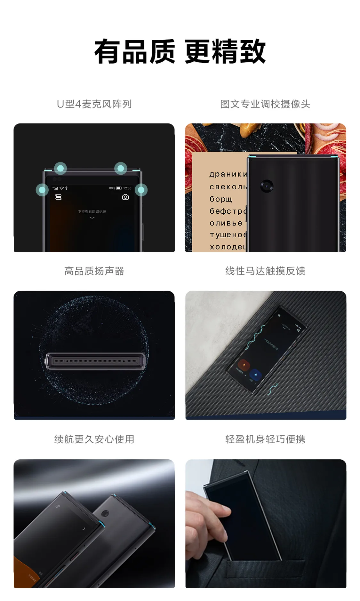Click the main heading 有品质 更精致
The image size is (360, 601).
[x=180, y=51]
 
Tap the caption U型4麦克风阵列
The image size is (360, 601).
[x=94, y=104]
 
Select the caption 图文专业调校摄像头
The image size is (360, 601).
[x=265, y=104]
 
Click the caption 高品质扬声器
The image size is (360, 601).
[x=94, y=271]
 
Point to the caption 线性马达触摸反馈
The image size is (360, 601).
[x=265, y=271]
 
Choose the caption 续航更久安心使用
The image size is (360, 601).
[x=94, y=439]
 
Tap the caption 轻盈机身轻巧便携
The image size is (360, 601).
[x=265, y=439]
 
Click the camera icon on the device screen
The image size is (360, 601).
[x=125, y=197]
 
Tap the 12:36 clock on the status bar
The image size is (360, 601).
[x=127, y=188]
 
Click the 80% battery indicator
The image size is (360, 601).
[x=115, y=188]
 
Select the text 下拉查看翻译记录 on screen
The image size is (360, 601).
[x=92, y=211]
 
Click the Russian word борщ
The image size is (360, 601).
[x=220, y=199]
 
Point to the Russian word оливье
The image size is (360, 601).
[x=226, y=223]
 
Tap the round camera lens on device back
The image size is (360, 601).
[x=267, y=186]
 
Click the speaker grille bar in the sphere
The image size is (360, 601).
[x=95, y=361]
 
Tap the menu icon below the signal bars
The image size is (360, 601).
[x=58, y=197]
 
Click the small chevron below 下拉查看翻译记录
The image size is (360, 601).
[x=92, y=217]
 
